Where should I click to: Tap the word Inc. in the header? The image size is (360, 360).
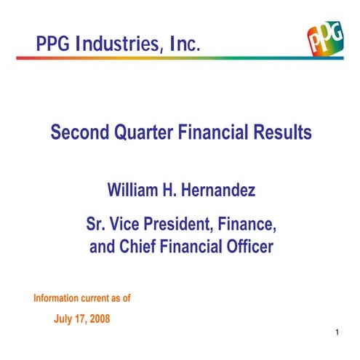[x=180, y=44]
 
